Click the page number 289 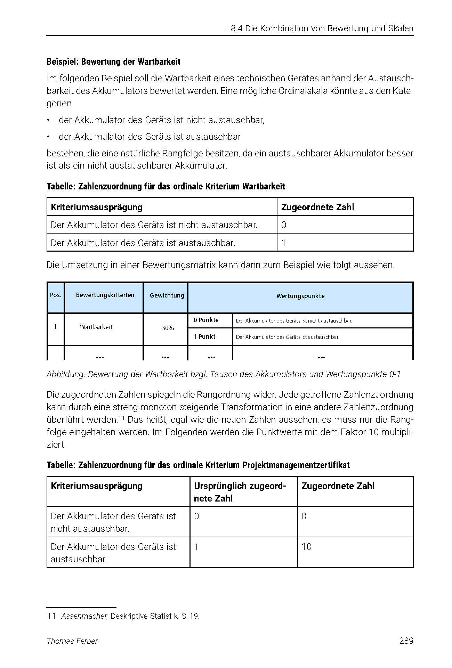tap(406, 641)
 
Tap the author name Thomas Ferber tap(72, 641)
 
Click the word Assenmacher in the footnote tap(84, 616)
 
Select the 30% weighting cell tap(168, 328)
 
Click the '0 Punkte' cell tap(206, 320)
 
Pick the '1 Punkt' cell tap(205, 337)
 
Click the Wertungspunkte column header tap(300, 296)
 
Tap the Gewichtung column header tap(167, 295)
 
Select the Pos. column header tap(56, 295)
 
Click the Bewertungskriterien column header tap(105, 295)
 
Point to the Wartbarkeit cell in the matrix tap(96, 327)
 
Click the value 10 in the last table tap(306, 547)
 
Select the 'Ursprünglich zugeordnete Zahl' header tap(240, 492)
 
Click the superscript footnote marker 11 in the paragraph tap(121, 417)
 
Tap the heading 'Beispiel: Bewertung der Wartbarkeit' tap(114, 62)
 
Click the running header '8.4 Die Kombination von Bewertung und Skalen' tap(322, 28)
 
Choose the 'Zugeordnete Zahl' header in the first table tap(317, 207)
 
